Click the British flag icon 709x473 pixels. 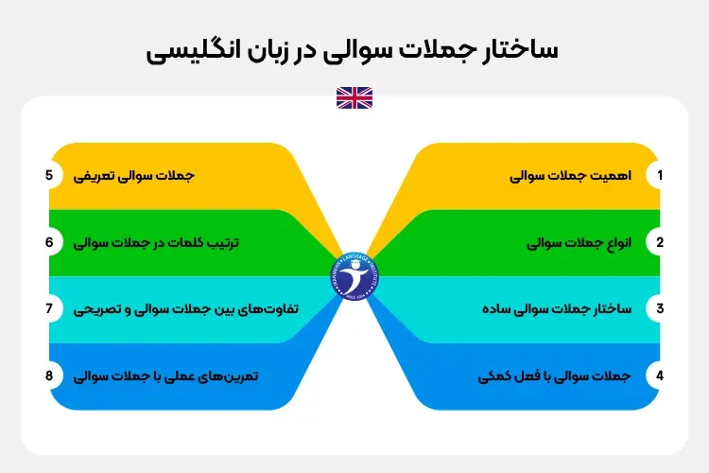(354, 97)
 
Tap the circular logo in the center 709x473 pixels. (354, 275)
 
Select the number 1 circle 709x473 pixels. (660, 176)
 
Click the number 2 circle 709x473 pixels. (660, 242)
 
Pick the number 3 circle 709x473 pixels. (660, 308)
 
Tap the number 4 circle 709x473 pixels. (660, 376)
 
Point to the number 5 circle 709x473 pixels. (48, 176)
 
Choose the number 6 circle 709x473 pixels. (48, 242)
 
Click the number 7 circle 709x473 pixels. (48, 308)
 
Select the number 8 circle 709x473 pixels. (48, 376)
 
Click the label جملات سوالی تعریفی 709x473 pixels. (135, 176)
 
